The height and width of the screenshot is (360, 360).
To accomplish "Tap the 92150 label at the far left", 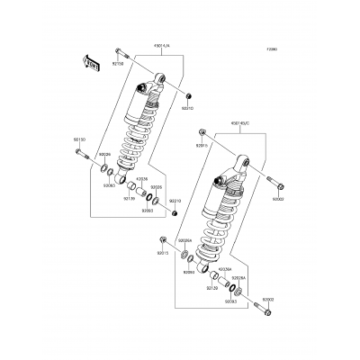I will pyautogui.click(x=78, y=139).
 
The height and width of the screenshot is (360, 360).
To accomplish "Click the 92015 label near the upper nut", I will pyautogui.click(x=202, y=144).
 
